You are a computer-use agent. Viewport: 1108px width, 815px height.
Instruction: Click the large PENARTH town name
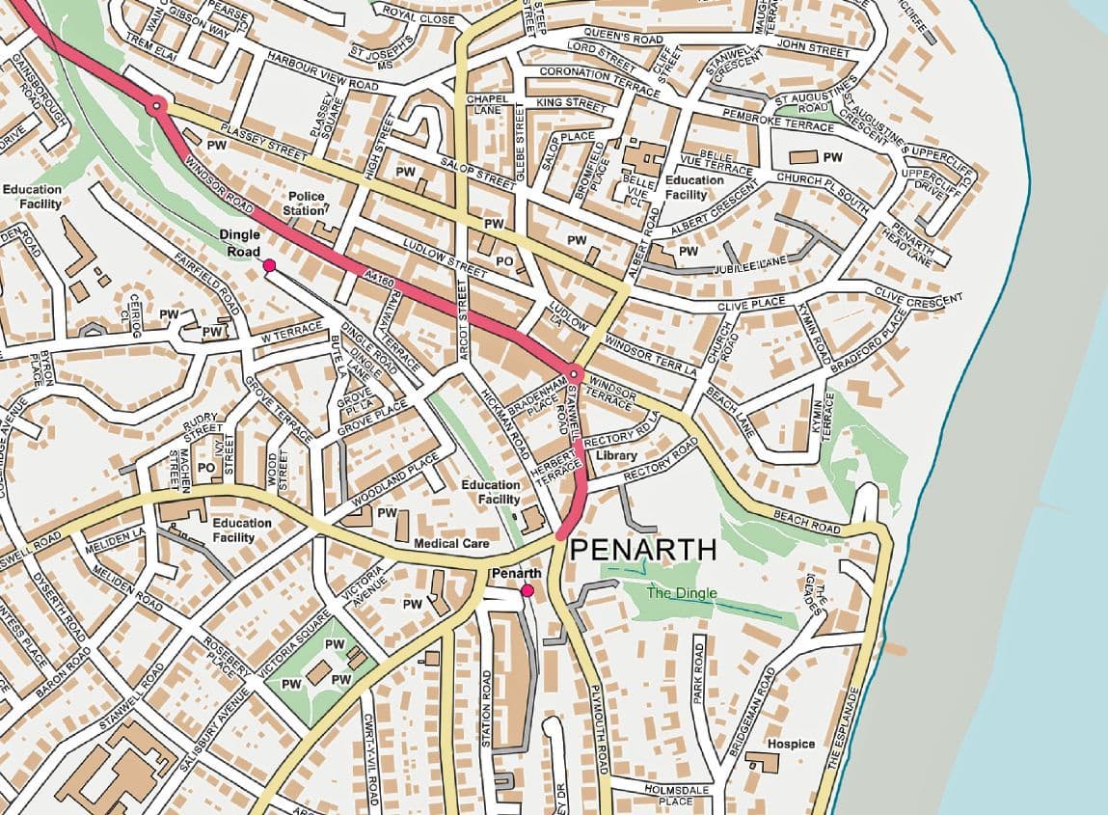pyautogui.click(x=643, y=551)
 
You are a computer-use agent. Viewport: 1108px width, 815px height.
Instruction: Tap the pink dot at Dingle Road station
pyautogui.click(x=269, y=265)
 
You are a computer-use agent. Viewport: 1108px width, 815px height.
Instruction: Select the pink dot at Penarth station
pyautogui.click(x=527, y=590)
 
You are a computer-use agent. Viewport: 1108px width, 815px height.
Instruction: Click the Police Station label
pyautogui.click(x=307, y=203)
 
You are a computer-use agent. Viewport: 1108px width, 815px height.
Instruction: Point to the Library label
pyautogui.click(x=616, y=454)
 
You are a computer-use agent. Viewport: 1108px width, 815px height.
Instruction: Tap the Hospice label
pyautogui.click(x=791, y=744)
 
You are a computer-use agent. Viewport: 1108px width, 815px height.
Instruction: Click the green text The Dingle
pyautogui.click(x=685, y=593)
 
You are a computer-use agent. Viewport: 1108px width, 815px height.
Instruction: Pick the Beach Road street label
pyautogui.click(x=807, y=523)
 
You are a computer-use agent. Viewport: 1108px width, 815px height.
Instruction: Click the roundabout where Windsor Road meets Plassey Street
pyautogui.click(x=155, y=106)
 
